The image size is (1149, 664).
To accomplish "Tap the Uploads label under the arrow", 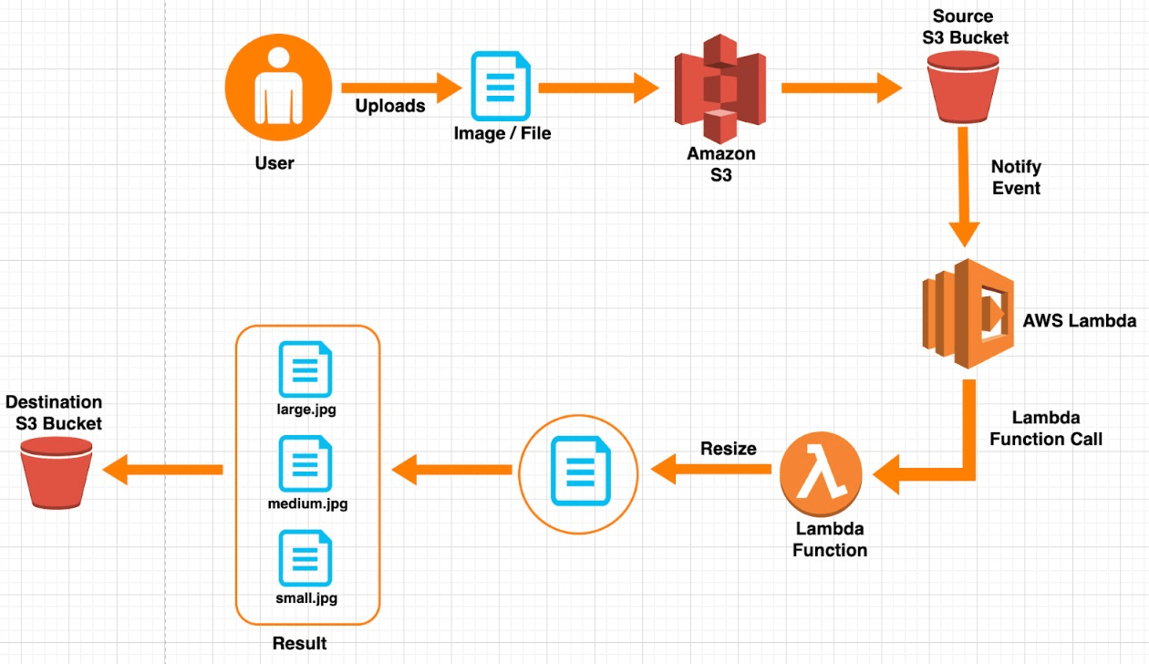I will (390, 106).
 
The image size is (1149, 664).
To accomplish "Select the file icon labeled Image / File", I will (501, 87).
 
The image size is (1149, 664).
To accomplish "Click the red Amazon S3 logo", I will (720, 88).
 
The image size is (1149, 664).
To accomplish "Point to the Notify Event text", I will (1016, 178).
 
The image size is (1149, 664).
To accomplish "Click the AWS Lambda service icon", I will (968, 313).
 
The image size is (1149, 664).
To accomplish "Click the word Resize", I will (728, 449).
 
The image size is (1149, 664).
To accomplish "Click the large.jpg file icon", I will (305, 369).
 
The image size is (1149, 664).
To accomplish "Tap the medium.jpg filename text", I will (307, 503).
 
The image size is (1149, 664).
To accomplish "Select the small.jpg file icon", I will (305, 558).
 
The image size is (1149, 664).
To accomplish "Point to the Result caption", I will (299, 644).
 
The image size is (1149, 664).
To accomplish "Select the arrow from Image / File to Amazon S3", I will (598, 88).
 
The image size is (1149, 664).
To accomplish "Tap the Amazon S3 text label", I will (720, 165).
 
